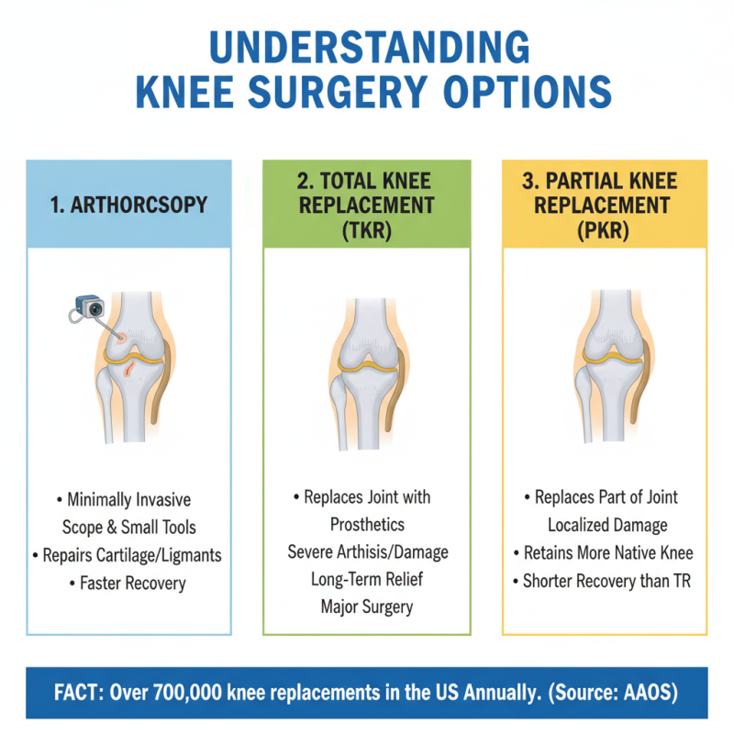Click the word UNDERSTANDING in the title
point(366,48)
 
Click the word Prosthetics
point(366,524)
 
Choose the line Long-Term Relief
point(366,579)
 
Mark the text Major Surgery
point(366,606)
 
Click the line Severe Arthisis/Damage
point(366,551)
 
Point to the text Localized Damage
point(605,525)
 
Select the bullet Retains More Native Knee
point(605,552)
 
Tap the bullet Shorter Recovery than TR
point(605,580)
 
